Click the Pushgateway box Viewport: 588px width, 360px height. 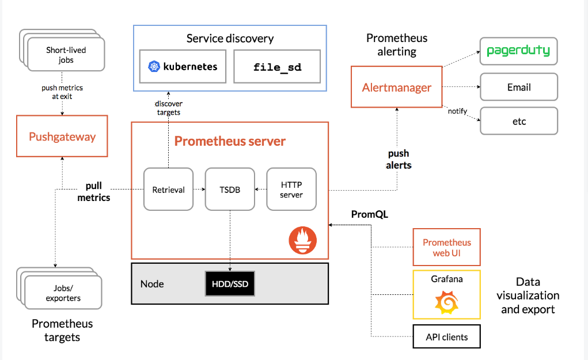coord(62,136)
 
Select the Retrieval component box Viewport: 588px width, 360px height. coord(168,189)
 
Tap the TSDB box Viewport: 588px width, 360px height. coord(230,189)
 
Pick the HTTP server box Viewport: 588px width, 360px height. coord(291,189)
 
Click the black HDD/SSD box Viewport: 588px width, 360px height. coord(230,283)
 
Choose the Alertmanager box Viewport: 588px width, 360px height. coord(396,88)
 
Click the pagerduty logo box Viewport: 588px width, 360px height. coord(518,51)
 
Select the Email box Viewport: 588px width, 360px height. coord(518,87)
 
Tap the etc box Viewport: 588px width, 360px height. coord(518,121)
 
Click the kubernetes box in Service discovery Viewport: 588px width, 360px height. coord(183,66)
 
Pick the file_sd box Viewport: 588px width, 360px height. coord(278,66)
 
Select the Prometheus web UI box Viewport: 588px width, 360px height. coord(446,247)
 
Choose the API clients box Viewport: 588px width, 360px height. coord(446,337)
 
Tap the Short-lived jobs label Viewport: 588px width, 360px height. coord(66,55)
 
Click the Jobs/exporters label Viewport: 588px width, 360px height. coord(63,293)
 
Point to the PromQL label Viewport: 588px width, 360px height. coord(370,214)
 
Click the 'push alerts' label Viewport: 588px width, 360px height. coord(399,159)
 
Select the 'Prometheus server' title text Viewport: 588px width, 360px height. coord(230,141)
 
